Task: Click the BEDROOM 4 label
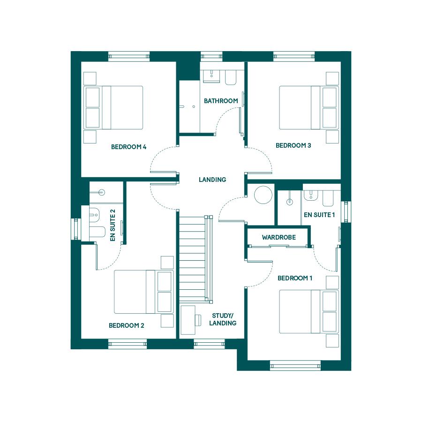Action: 128,147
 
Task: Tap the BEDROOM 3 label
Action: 294,146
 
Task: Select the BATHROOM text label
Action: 221,101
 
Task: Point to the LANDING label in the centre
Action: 212,180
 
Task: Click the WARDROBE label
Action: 279,237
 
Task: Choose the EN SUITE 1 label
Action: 319,215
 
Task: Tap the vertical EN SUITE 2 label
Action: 113,225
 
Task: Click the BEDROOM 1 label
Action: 295,278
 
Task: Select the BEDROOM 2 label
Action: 127,325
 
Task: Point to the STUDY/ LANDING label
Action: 223,319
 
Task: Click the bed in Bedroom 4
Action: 113,108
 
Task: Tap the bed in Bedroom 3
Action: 309,108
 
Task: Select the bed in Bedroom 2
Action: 144,292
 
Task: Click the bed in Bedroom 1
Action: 309,311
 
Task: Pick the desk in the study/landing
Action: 188,320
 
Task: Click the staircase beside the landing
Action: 196,258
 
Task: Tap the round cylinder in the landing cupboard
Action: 263,195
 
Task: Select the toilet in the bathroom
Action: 231,77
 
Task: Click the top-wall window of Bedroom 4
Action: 129,56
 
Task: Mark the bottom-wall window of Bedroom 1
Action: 295,366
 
